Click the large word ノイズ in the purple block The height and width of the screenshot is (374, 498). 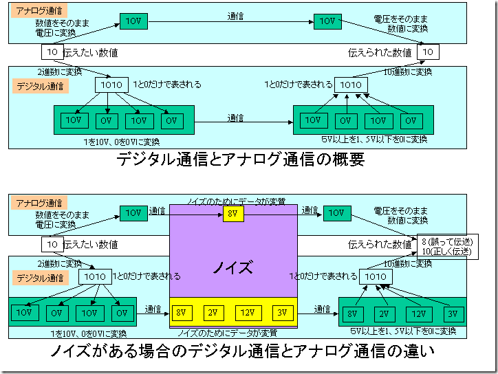point(232,267)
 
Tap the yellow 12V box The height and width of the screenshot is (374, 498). point(248,313)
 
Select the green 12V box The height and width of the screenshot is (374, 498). point(419,314)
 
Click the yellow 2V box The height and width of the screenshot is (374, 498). point(213,313)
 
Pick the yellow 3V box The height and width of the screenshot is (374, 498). point(283,313)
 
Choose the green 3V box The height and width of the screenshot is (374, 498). point(453,314)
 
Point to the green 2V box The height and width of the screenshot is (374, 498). point(385,314)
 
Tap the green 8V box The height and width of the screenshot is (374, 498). point(353,314)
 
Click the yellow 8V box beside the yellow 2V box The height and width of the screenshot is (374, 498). point(182,313)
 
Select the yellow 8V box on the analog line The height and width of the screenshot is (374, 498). point(233,214)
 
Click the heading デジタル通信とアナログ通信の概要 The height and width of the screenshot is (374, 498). point(241,159)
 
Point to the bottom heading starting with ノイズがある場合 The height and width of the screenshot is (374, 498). point(242,351)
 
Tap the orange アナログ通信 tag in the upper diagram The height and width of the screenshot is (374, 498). point(39,11)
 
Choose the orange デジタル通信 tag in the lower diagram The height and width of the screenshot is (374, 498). point(40,278)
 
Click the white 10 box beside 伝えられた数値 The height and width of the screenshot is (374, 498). point(428,52)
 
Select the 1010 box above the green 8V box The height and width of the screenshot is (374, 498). point(376,276)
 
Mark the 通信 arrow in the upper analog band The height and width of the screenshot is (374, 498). point(231,22)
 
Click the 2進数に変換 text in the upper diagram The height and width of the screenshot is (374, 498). point(60,71)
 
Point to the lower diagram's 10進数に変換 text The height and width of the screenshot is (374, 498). point(408,263)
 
